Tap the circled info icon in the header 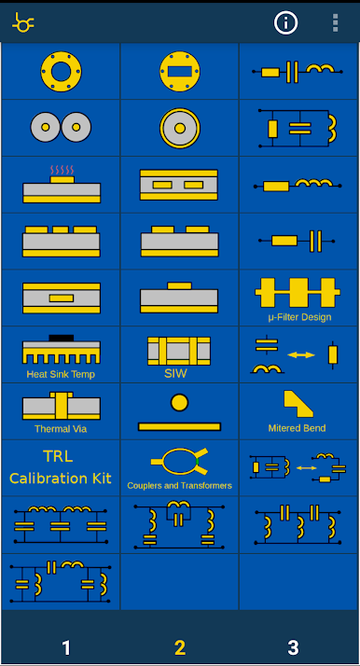pos(285,22)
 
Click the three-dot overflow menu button pos(336,22)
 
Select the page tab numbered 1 pos(66,648)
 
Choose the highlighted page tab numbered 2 pos(180,648)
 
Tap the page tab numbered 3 pos(293,648)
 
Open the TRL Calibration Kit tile pos(61,467)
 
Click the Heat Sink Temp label pos(61,374)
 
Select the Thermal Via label pos(61,429)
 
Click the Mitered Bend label pos(298,428)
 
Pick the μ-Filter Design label pos(299,317)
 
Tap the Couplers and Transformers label pos(180,485)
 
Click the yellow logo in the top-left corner pos(23,22)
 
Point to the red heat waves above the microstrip pos(62,170)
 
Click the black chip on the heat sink pos(62,338)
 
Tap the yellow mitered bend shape pos(298,404)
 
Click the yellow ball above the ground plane pos(179,403)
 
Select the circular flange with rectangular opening pos(180,71)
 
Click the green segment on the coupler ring pos(198,461)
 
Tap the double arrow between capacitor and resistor pos(301,354)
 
